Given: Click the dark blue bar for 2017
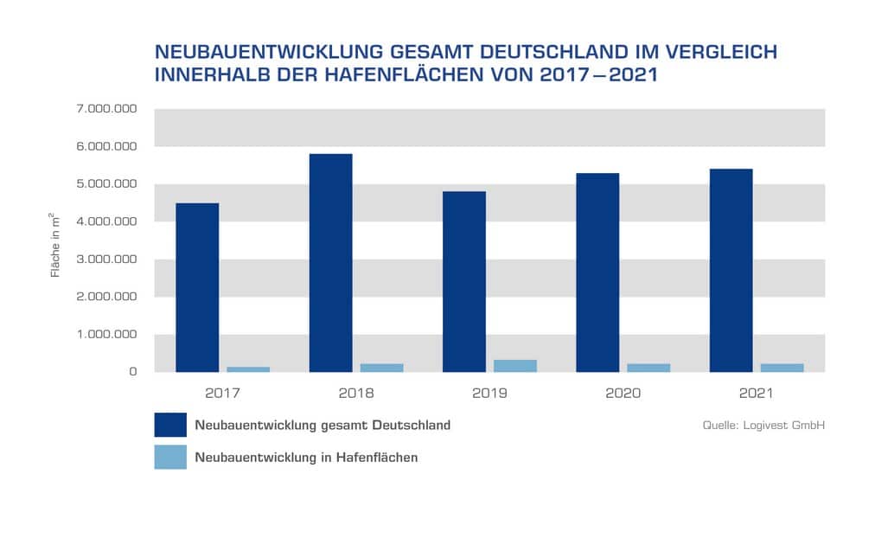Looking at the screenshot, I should [197, 287].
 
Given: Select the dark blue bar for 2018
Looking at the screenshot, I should [330, 263].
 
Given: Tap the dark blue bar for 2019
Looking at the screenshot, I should [463, 281].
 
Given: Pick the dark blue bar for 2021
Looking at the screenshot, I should [731, 270].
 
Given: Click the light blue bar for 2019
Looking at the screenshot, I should [515, 366].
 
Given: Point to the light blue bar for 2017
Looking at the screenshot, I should [248, 369].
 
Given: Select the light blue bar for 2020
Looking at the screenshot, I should [648, 368].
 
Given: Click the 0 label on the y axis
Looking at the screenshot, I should [133, 372].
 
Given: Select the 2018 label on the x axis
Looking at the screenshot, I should [356, 393].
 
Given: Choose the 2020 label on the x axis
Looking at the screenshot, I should [623, 393].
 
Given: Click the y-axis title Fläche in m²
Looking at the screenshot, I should [55, 244].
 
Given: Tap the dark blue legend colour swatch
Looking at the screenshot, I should [170, 425].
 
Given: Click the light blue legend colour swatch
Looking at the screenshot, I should [170, 457].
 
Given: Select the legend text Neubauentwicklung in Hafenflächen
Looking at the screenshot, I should [306, 457].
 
